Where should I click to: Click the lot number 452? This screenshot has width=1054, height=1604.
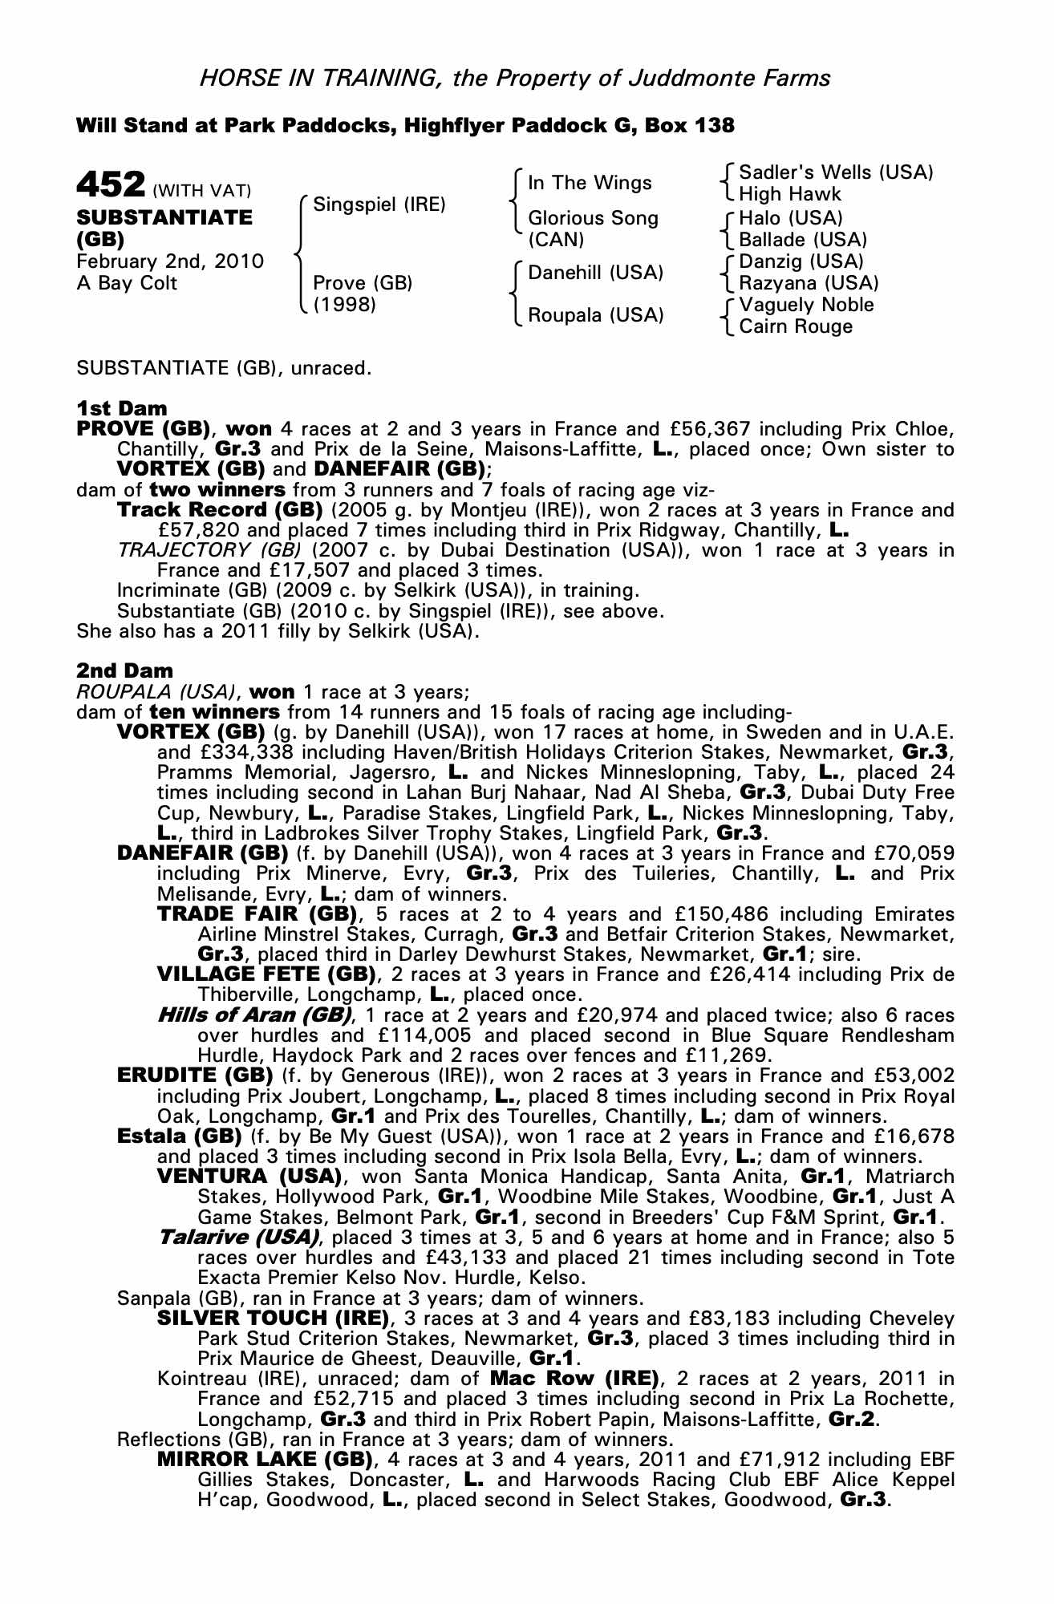(110, 184)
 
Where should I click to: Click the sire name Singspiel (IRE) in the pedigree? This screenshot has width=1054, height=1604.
(379, 205)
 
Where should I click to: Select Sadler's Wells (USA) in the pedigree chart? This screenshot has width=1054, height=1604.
(836, 172)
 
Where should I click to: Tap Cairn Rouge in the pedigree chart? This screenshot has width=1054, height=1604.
(796, 326)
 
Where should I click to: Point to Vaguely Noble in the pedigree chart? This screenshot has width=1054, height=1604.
(806, 305)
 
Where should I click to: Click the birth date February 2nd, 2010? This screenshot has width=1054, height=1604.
(170, 261)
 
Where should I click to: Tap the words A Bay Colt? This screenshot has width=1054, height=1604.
(127, 283)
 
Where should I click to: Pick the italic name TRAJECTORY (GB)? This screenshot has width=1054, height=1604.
(209, 550)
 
